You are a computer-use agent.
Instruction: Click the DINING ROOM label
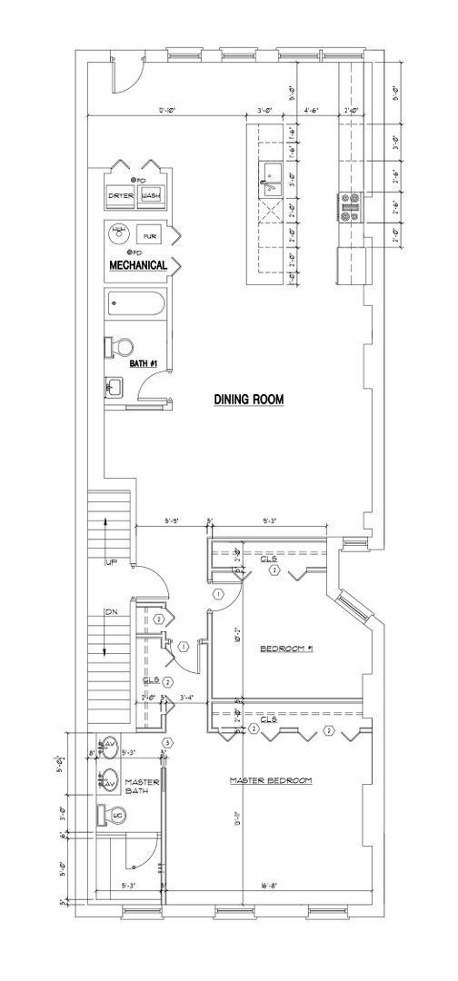coord(249,398)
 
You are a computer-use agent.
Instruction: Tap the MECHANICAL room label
coord(137,265)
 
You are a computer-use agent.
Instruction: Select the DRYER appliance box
coord(121,195)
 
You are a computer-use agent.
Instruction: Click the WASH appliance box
coord(151,195)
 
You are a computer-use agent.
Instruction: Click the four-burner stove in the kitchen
coord(351,207)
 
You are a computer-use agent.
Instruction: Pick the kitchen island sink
coord(270,171)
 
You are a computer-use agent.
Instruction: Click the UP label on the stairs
coord(112,563)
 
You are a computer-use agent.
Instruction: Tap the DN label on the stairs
coord(112,612)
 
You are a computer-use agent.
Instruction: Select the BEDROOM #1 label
coord(285,648)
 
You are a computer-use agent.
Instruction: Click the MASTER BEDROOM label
coord(271,780)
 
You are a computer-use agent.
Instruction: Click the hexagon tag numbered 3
coord(167,742)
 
